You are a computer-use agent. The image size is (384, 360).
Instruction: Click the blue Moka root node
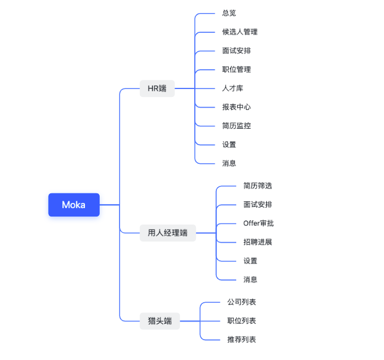(x=74, y=205)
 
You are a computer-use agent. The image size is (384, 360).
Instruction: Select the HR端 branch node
(x=157, y=88)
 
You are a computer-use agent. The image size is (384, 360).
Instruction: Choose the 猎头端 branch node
(x=160, y=321)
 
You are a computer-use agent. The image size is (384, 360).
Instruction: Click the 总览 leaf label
(x=229, y=13)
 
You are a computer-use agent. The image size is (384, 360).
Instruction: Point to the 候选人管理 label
(x=240, y=32)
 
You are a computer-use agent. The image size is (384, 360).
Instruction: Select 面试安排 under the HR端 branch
(x=236, y=50)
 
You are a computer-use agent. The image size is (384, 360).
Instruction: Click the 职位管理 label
(x=236, y=69)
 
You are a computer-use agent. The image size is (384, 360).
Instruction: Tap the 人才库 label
(x=233, y=88)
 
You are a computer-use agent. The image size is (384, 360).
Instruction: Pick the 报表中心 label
(x=236, y=107)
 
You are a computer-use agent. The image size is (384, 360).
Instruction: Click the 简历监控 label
(x=236, y=125)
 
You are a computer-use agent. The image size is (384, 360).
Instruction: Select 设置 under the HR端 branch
(x=229, y=144)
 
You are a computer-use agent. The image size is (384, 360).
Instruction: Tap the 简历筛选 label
(x=258, y=185)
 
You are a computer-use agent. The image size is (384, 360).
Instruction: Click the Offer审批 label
(x=258, y=223)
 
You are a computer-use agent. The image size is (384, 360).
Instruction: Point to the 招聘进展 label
(x=258, y=242)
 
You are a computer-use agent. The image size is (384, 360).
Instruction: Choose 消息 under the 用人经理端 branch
(x=250, y=279)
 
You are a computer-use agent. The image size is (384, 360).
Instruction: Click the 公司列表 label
(x=241, y=302)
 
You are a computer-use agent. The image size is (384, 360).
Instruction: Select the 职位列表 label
(x=241, y=321)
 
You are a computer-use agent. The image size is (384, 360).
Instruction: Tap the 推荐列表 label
(x=241, y=340)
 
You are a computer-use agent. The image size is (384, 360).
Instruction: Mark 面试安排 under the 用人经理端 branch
(x=258, y=204)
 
